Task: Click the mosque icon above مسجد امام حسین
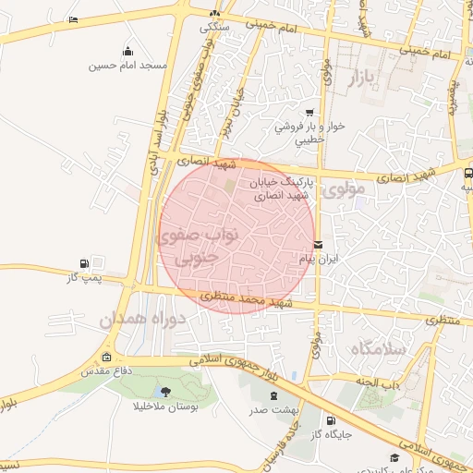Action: [127, 52]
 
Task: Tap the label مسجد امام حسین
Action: [127, 67]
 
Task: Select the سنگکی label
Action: [215, 27]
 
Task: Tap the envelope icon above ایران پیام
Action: [318, 245]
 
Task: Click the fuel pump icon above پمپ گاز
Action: [85, 262]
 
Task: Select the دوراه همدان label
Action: [143, 320]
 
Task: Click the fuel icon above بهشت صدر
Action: [258, 394]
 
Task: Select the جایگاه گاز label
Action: [328, 433]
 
